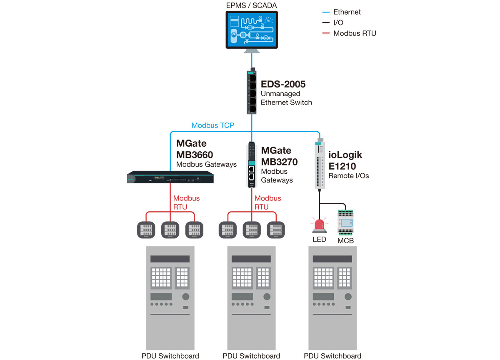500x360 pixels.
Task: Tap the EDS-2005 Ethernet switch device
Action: [x=252, y=92]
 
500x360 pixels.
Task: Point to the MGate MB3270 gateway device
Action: [x=252, y=165]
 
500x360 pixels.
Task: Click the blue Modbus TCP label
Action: [x=212, y=125]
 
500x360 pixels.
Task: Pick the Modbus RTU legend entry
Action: [x=354, y=33]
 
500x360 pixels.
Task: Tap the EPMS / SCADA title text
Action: [x=251, y=5]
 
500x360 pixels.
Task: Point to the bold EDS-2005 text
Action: [x=283, y=85]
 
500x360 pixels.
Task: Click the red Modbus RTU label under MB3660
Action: [x=186, y=202]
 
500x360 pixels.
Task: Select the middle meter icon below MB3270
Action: [x=251, y=230]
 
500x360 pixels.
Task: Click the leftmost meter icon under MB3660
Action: [x=146, y=230]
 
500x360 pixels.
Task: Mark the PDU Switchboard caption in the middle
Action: [x=251, y=356]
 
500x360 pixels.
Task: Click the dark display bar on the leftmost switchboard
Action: [x=170, y=259]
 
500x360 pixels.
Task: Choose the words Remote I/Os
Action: [x=349, y=176]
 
